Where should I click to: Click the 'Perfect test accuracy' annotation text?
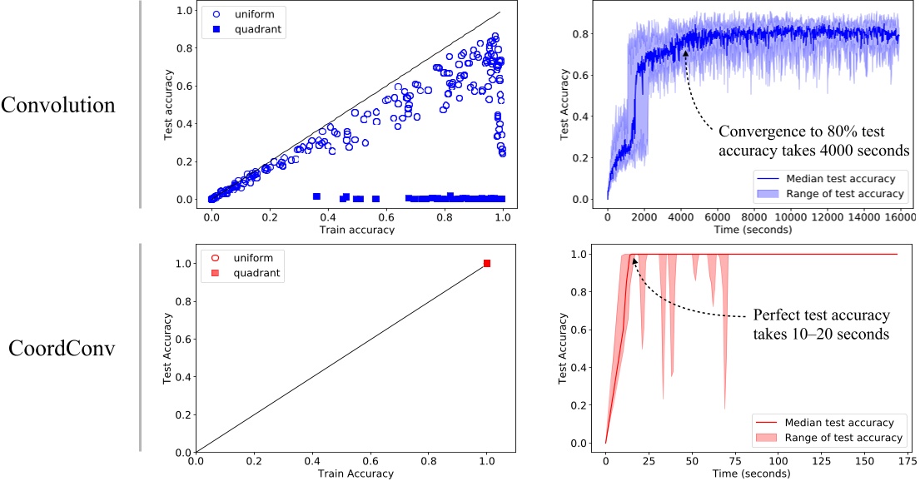point(821,316)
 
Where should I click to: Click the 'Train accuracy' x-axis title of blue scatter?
point(356,230)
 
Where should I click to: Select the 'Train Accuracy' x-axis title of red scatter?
point(356,474)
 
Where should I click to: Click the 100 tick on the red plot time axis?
point(776,459)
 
